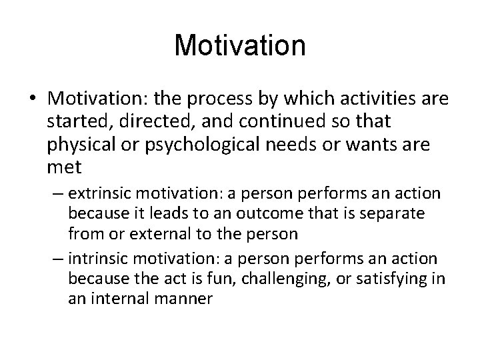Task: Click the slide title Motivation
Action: (x=240, y=45)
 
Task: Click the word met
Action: (x=62, y=166)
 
